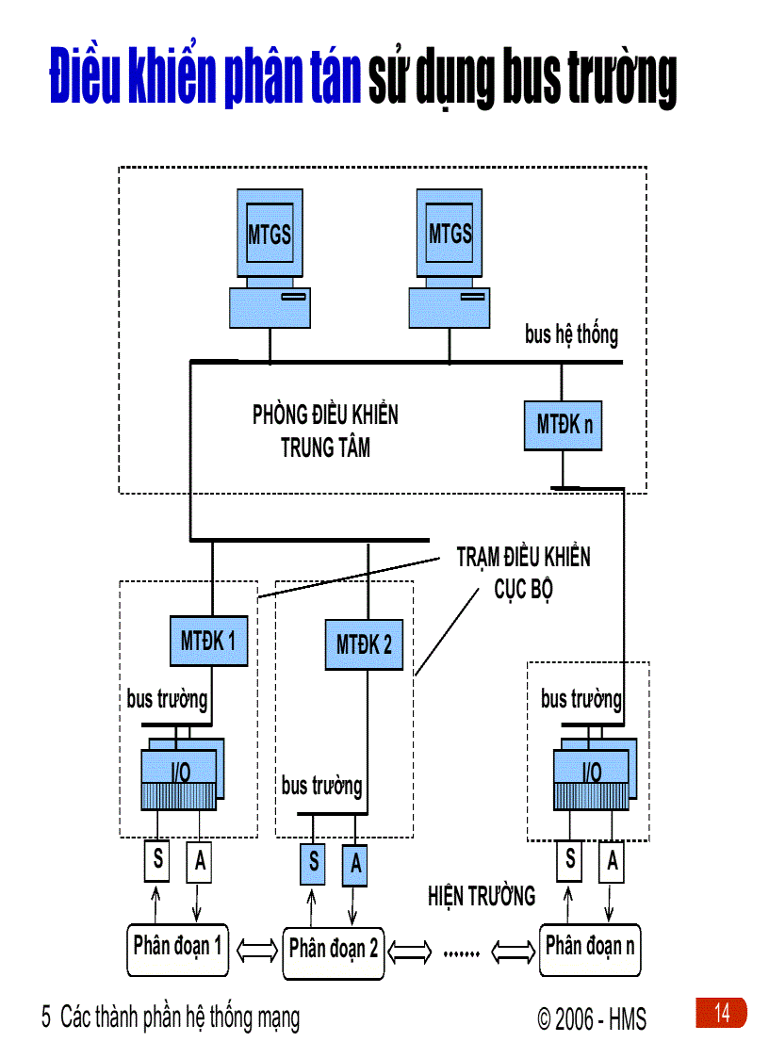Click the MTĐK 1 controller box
pos(208,641)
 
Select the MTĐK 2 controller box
pos(364,645)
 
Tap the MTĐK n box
pos(564,425)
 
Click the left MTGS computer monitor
pos(270,235)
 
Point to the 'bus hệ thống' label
pos(571,334)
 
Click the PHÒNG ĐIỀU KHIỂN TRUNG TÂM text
pos(325,431)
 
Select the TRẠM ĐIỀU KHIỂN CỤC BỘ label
pos(523,572)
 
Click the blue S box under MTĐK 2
pos(314,863)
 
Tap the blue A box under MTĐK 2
pos(354,865)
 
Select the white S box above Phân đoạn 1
pos(157,859)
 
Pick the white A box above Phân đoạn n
pos(612,861)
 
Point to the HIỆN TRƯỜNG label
pos(481,895)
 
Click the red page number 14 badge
pos(721,1013)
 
